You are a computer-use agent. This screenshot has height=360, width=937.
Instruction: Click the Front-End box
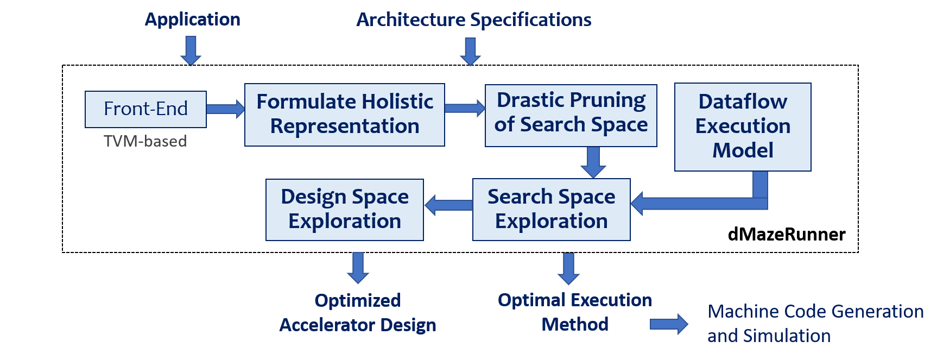(x=145, y=109)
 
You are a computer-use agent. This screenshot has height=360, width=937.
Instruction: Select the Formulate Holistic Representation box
(x=344, y=114)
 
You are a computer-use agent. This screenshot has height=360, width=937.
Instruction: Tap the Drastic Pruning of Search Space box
(x=571, y=115)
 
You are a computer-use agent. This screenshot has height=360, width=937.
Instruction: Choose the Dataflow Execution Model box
(x=742, y=126)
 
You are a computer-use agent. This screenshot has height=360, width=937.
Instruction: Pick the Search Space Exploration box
(x=551, y=209)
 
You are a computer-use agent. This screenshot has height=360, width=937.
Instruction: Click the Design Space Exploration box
(x=344, y=209)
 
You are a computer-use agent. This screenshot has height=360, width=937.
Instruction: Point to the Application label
(x=192, y=20)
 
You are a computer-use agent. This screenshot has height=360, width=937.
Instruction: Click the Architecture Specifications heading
(x=473, y=20)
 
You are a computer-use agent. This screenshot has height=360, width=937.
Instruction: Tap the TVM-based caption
(x=145, y=141)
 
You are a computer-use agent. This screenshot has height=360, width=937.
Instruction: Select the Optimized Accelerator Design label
(x=357, y=313)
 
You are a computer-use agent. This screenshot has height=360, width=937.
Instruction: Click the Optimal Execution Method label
(x=574, y=312)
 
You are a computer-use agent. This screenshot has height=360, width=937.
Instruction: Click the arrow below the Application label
(x=191, y=50)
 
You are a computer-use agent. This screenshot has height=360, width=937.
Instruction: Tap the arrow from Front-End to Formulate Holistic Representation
(x=225, y=109)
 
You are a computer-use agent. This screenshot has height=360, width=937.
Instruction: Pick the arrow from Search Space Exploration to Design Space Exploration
(x=448, y=205)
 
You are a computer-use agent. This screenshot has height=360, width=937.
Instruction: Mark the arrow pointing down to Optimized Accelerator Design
(x=358, y=268)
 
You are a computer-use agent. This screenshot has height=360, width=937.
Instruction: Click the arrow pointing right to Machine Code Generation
(x=669, y=324)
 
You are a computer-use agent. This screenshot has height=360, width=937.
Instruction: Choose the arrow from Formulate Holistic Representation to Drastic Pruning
(x=465, y=108)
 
